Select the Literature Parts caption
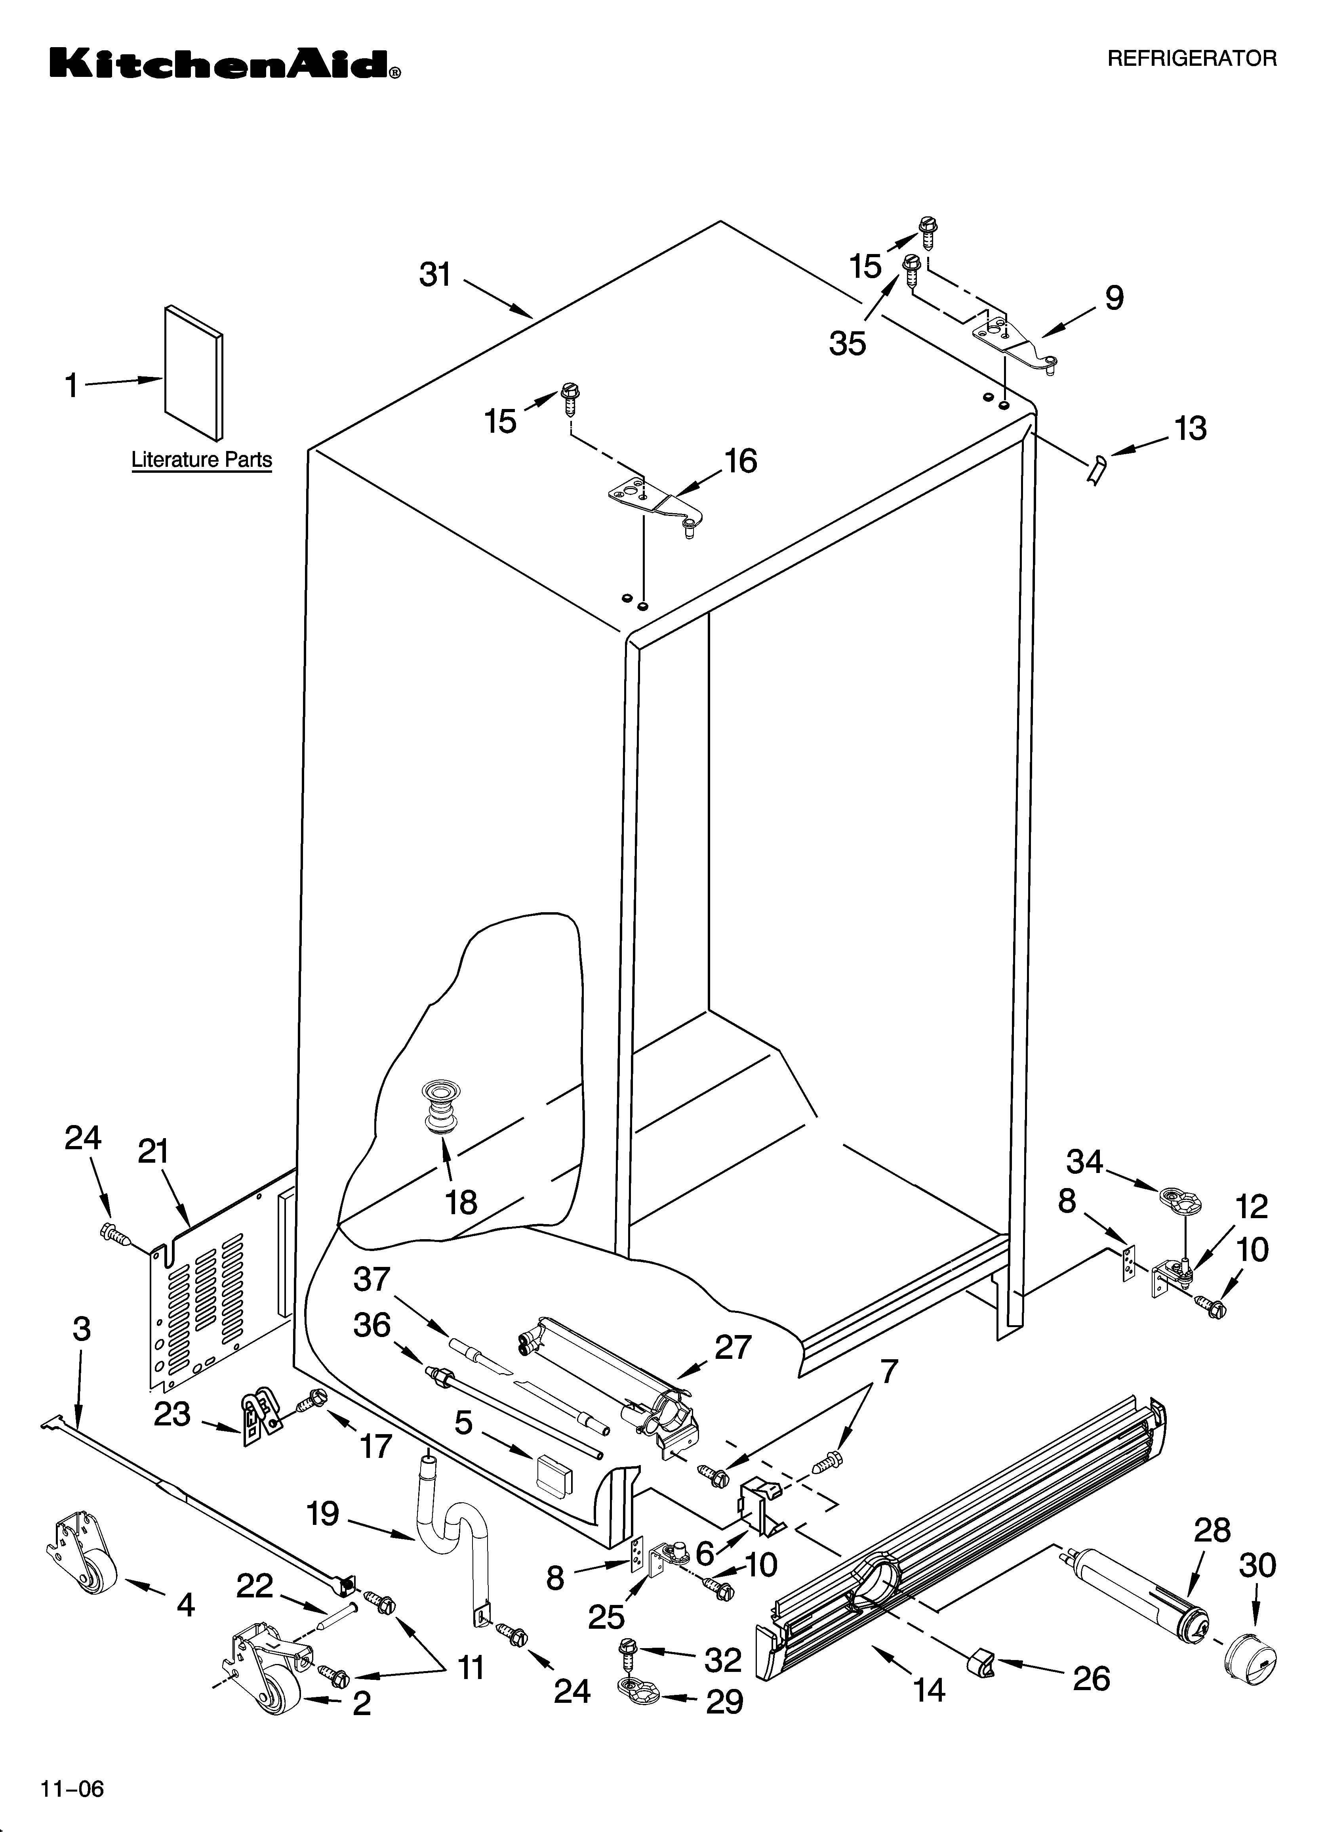[x=201, y=460]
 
